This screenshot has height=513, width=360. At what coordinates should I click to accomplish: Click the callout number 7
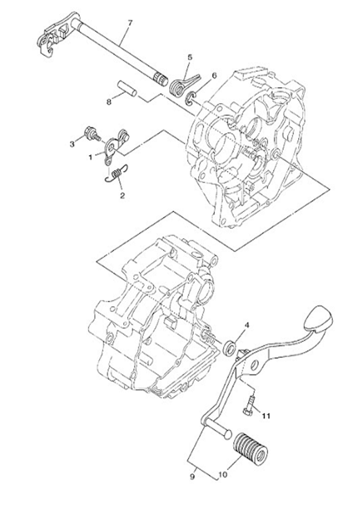click(130, 23)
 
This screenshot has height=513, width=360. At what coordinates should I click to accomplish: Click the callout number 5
click(190, 58)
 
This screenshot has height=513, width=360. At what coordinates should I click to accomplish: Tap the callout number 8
click(108, 102)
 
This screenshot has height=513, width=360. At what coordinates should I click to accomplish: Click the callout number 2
click(122, 196)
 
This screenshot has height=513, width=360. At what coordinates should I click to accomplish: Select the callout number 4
click(246, 325)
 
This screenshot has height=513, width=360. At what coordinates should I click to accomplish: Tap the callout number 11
click(266, 417)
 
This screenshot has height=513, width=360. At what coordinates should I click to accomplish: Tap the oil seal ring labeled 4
click(230, 345)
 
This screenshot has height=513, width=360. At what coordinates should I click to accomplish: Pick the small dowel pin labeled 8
click(126, 88)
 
